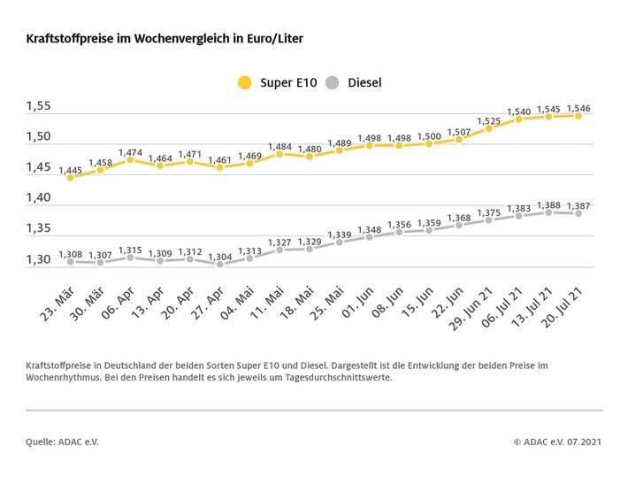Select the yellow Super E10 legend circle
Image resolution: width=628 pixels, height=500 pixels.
click(244, 83)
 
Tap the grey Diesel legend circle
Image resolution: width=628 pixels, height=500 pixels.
click(332, 83)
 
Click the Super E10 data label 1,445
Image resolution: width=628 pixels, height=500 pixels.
click(71, 169)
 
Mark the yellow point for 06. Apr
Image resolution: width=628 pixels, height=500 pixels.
click(130, 160)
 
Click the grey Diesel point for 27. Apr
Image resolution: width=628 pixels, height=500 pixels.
click(219, 264)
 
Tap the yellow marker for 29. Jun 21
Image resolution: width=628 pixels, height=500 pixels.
click(489, 128)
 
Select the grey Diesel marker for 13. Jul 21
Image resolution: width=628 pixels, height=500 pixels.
click(548, 212)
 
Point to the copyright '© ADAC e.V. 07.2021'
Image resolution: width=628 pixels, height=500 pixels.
click(557, 440)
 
